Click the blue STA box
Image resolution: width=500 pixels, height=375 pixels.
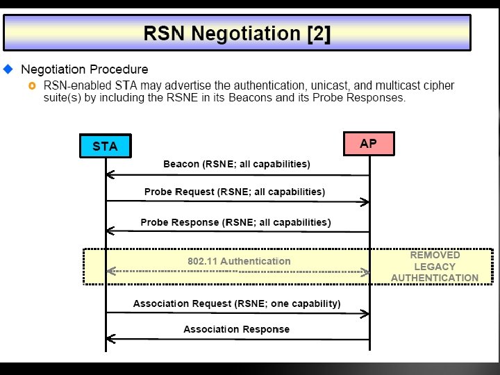point(105,147)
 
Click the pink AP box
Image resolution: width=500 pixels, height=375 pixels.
point(369,144)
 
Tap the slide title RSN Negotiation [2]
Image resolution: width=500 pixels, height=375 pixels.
point(236,33)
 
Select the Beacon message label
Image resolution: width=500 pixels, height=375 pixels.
point(236,165)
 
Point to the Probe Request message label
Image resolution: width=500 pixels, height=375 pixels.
point(235,192)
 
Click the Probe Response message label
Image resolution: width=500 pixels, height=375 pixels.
point(235,222)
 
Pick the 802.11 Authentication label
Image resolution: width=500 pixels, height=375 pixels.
point(239,261)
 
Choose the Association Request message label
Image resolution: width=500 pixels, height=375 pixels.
point(236,303)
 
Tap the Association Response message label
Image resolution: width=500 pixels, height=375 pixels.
point(236,329)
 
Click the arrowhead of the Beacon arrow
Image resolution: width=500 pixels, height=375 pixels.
point(110,175)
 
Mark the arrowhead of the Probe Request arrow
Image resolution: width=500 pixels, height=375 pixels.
point(365,202)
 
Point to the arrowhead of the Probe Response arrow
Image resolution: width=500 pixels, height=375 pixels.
point(110,232)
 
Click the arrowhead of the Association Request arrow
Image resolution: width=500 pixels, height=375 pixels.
point(365,314)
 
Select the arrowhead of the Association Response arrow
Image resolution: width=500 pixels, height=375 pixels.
point(110,339)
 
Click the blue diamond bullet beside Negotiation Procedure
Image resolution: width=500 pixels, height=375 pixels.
point(8,69)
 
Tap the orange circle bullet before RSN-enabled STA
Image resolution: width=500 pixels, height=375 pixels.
point(32,85)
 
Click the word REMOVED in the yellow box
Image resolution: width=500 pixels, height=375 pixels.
point(435,255)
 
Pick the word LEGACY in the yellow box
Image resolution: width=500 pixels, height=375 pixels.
point(435,266)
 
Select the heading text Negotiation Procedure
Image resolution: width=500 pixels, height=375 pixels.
point(84,69)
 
